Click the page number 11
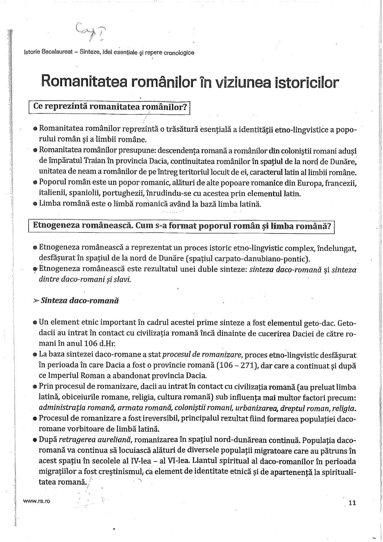coord(352,502)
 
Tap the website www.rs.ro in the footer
coord(37,501)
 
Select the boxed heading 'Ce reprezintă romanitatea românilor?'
coord(110,107)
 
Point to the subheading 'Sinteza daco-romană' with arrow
coord(76,301)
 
